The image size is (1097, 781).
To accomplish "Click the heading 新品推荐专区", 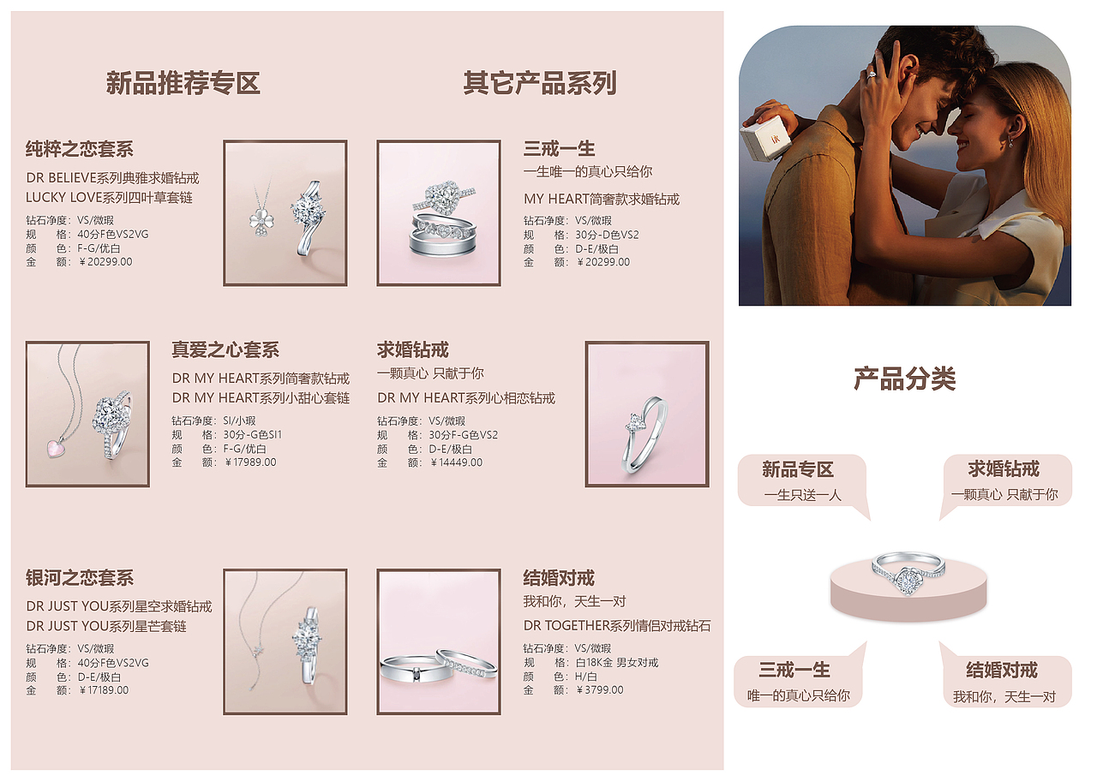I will pyautogui.click(x=183, y=83).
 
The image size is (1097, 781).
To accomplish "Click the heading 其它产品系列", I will pyautogui.click(x=540, y=83).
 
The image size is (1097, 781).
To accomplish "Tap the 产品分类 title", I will pyautogui.click(x=904, y=379).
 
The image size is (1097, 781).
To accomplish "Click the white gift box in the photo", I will pyautogui.click(x=764, y=136).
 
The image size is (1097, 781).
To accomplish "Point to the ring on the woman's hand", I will pyautogui.click(x=872, y=75).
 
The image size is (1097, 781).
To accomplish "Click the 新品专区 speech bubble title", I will pyautogui.click(x=798, y=469).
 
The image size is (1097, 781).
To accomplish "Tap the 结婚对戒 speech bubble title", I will pyautogui.click(x=1002, y=670).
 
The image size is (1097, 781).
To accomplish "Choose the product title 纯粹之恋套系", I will pyautogui.click(x=80, y=149).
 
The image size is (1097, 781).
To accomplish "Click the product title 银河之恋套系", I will pyautogui.click(x=80, y=578).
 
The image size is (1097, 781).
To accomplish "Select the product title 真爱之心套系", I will pyautogui.click(x=225, y=350).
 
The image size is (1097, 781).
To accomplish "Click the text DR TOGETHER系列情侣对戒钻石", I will pyautogui.click(x=617, y=626).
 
